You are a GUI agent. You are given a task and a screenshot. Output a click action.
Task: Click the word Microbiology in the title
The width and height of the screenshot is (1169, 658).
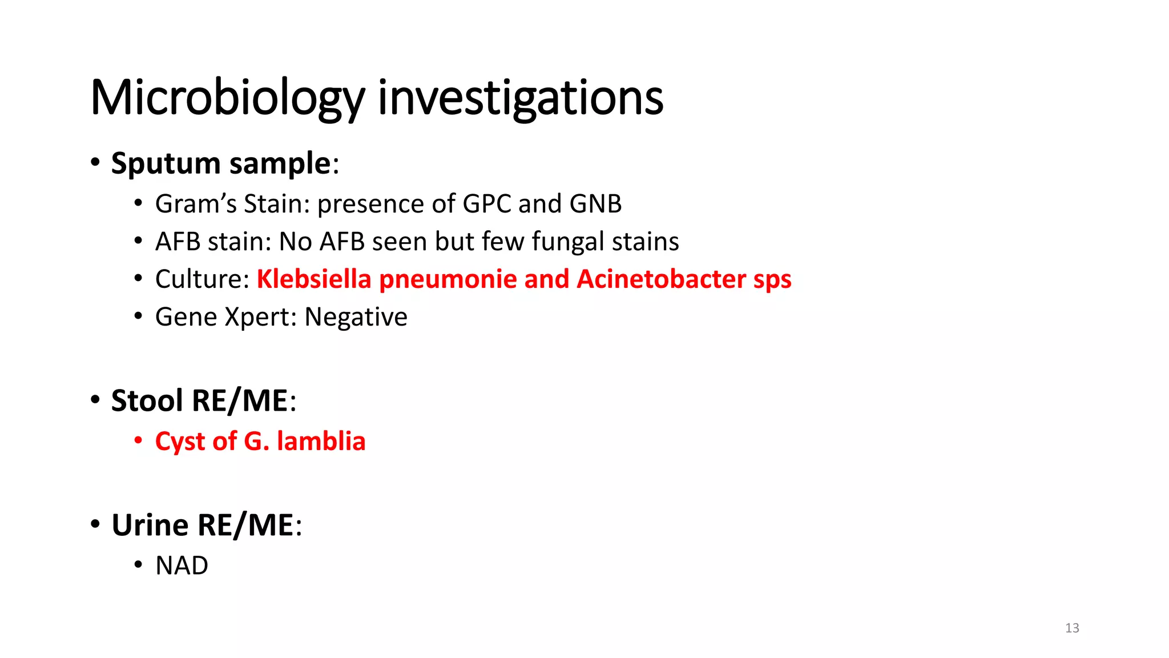point(227,98)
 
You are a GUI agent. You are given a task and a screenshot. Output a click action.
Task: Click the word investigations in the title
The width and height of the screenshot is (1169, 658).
point(521,98)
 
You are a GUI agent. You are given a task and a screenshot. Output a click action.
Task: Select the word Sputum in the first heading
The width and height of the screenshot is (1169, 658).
point(166,163)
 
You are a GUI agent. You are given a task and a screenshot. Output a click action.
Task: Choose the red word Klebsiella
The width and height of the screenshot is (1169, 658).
point(314,279)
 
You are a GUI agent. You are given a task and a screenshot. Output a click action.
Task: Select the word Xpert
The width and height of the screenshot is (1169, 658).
point(260,317)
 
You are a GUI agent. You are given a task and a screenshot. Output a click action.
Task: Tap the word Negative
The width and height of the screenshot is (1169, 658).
point(356,317)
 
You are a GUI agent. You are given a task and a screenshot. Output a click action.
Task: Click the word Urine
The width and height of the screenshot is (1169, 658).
point(150,525)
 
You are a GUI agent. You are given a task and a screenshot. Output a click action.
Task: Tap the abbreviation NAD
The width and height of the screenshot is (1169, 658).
point(182,565)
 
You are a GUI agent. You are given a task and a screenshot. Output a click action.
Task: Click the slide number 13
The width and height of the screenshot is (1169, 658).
point(1072,628)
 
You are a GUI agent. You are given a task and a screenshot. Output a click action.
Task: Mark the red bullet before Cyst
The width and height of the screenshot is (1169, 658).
point(138,441)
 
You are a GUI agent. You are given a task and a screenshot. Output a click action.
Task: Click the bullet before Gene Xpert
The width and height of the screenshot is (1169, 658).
point(138,316)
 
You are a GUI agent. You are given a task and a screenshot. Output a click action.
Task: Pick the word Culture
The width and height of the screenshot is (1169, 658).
point(201,279)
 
